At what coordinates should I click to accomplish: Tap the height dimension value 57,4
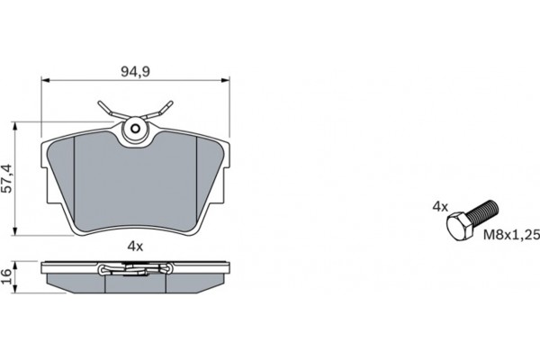[x=8, y=178]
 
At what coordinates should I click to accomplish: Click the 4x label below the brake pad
[x=135, y=246]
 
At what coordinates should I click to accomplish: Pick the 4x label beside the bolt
[x=439, y=206]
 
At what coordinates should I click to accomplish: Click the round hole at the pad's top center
[x=136, y=128]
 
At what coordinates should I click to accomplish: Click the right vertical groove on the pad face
[x=195, y=180]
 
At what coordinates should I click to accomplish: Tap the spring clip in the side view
[x=135, y=267]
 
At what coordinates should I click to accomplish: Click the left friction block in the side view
[x=76, y=283]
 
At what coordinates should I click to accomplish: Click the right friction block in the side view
[x=196, y=283]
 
